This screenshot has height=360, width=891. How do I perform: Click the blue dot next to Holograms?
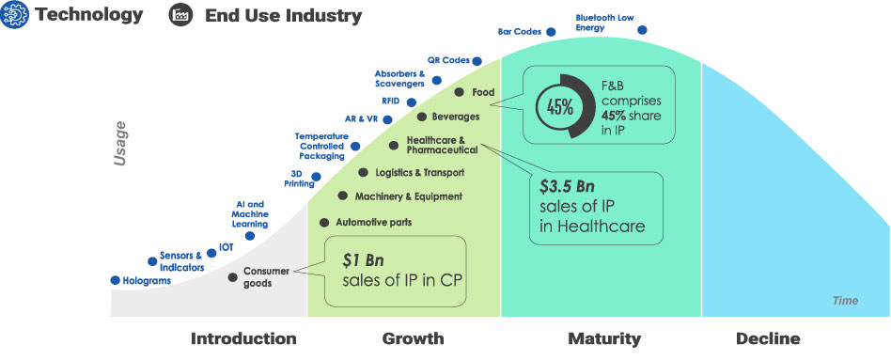[x=115, y=280]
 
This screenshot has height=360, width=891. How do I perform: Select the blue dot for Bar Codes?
[x=551, y=31]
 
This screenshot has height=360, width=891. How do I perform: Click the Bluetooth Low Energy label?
[x=603, y=22]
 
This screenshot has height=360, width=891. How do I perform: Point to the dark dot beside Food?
[x=459, y=92]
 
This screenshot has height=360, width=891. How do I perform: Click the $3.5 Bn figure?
[x=568, y=186]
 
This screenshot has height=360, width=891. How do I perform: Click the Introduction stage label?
[x=243, y=338]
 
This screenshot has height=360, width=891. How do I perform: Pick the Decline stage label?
[x=768, y=338]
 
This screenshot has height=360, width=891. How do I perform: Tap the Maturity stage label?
[x=603, y=338]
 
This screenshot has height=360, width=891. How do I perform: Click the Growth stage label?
[x=413, y=338]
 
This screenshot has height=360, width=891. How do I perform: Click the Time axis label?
[x=845, y=301]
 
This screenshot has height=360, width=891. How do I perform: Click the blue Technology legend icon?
[x=14, y=15]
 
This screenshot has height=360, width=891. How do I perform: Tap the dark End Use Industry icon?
[x=179, y=15]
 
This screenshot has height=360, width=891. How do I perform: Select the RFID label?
[x=391, y=100]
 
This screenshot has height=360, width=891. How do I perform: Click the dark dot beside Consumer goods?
[x=233, y=277]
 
